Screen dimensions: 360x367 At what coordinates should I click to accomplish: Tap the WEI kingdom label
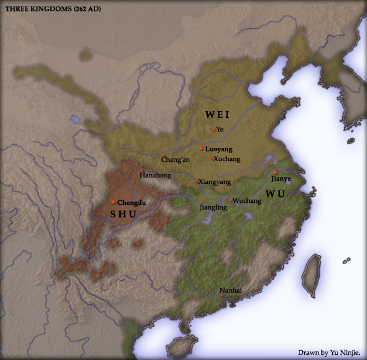pyautogui.click(x=217, y=114)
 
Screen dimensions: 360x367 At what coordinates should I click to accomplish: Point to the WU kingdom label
pyautogui.click(x=276, y=194)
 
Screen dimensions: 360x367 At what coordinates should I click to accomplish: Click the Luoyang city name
pyautogui.click(x=218, y=149)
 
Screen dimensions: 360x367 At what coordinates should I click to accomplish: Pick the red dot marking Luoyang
pyautogui.click(x=201, y=149)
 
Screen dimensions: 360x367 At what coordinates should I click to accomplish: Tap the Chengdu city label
pyautogui.click(x=131, y=202)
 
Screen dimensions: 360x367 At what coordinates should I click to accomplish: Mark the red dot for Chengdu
pyautogui.click(x=113, y=202)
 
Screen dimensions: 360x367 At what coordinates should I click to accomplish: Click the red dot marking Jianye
pyautogui.click(x=275, y=172)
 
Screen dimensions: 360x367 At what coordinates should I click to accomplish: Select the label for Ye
pyautogui.click(x=220, y=130)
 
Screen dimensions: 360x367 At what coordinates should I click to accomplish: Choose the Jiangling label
pyautogui.click(x=212, y=207)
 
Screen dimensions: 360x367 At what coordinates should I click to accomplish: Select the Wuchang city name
pyautogui.click(x=247, y=201)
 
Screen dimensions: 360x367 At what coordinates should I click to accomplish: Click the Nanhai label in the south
pyautogui.click(x=230, y=289)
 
